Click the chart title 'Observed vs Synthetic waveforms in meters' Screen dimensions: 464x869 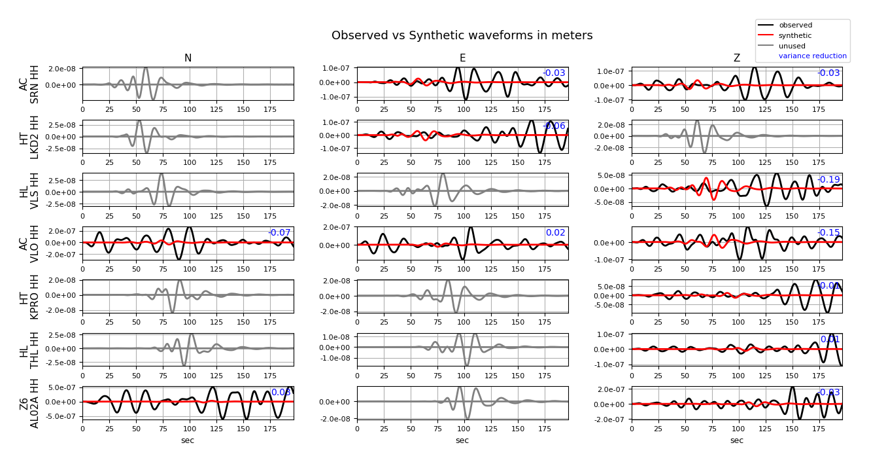tap(462, 35)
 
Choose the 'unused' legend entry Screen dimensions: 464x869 tap(792, 46)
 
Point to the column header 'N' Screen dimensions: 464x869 tap(188, 58)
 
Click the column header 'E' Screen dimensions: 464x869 tap(462, 58)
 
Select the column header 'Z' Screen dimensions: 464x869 tap(736, 58)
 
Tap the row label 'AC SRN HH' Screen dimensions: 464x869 tap(29, 84)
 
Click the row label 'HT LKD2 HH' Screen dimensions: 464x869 tap(29, 137)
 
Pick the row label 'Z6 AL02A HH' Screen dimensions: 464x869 tap(29, 402)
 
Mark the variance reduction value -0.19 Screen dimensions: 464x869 tap(828, 180)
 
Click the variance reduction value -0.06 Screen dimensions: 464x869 tap(554, 126)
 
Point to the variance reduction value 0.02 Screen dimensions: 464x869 tap(555, 233)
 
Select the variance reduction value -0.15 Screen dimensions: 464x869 tap(828, 233)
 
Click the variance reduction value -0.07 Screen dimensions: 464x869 tap(279, 233)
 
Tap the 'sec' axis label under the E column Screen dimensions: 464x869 tap(462, 440)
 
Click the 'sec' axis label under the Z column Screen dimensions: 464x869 tap(736, 440)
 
